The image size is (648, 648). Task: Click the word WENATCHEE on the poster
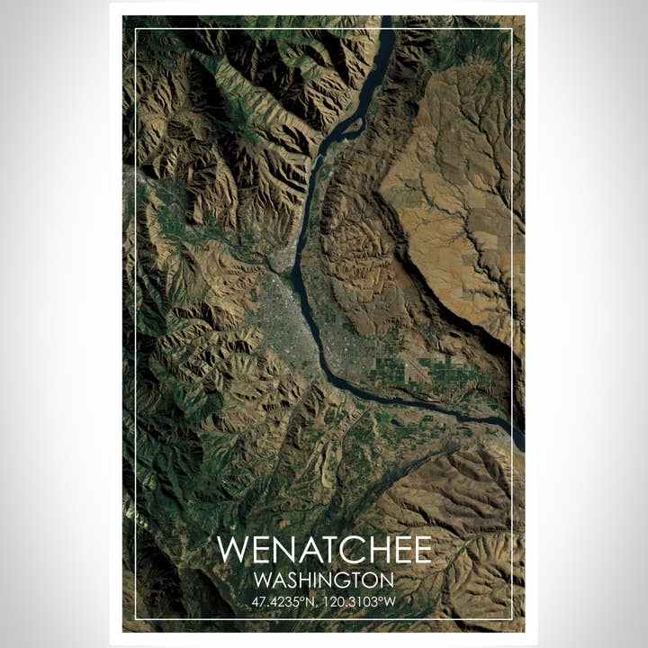324,550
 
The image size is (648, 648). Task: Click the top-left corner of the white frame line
136,29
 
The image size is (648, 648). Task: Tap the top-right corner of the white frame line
512,29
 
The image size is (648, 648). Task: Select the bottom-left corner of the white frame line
136,619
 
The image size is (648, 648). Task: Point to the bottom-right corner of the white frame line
512,619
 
